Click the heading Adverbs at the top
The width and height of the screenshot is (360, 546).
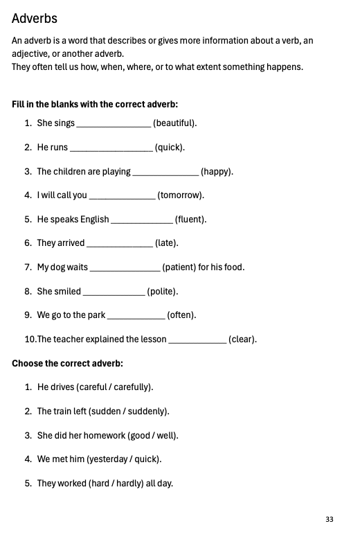[x=35, y=19]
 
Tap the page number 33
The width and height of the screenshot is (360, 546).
[x=329, y=519]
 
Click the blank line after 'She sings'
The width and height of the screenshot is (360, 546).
[x=114, y=124]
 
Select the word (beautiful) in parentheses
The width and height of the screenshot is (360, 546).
[x=174, y=123]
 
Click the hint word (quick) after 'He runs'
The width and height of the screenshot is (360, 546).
[x=170, y=148]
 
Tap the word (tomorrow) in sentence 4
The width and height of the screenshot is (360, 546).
[x=181, y=195]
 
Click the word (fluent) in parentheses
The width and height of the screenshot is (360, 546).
[x=190, y=220]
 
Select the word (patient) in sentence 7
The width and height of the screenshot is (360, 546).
[x=179, y=267]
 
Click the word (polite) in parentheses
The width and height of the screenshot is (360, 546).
[x=162, y=292]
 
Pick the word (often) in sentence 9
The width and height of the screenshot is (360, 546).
[x=182, y=315]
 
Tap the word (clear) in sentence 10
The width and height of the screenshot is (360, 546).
[x=242, y=340]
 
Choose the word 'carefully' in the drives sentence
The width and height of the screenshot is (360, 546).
[x=132, y=387]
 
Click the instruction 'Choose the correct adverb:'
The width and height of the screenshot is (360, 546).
[x=67, y=363]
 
